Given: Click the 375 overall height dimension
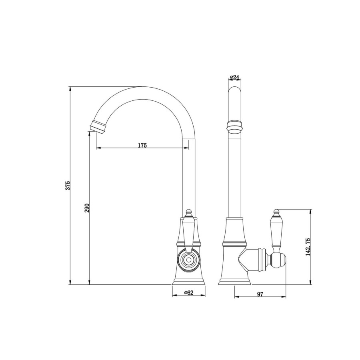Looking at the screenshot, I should click(x=68, y=185).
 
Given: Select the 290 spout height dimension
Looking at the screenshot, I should click(x=87, y=208).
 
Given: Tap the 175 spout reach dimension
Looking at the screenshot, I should click(x=142, y=145).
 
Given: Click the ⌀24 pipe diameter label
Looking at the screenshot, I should click(x=235, y=77).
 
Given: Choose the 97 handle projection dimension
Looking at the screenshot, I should click(x=260, y=294).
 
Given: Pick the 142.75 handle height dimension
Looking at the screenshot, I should click(x=308, y=247).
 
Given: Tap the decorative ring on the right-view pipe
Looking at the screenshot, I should click(x=235, y=126).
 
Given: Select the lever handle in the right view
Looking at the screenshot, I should click(x=276, y=232).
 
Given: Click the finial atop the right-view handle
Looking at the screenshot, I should click(x=276, y=211).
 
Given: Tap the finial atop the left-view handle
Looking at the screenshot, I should click(x=188, y=211).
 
